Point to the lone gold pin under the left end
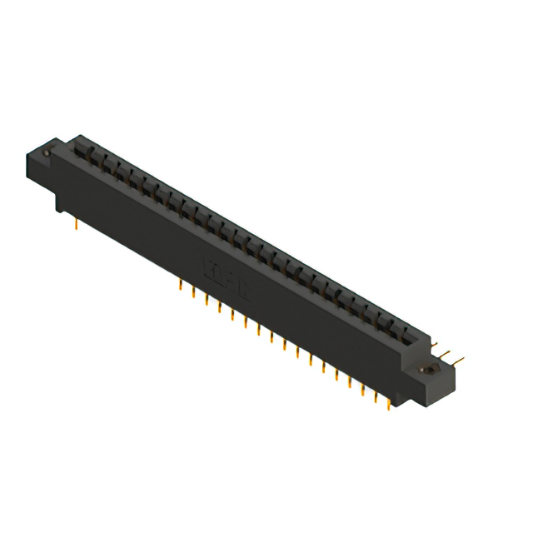(x=76, y=222)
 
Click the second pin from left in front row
(x=193, y=292)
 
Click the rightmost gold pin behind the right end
(x=461, y=359)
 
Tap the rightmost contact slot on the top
(x=406, y=334)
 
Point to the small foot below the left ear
(x=62, y=204)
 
